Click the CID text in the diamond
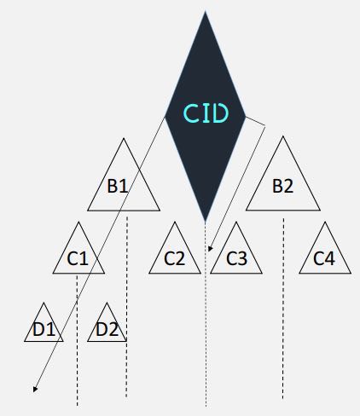[206, 113]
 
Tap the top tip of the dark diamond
[206, 11]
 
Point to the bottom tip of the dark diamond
[206, 222]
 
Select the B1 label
[118, 186]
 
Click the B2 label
[282, 186]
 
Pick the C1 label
[78, 258]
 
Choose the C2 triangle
[175, 248]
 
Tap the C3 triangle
[236, 248]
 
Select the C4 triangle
[325, 248]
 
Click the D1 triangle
[44, 322]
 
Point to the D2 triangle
[107, 322]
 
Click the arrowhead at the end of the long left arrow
[35, 390]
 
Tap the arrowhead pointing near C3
[210, 249]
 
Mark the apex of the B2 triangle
[283, 136]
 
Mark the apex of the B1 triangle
[124, 138]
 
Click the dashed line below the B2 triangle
[283, 309]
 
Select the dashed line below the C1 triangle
[77, 340]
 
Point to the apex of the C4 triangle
[325, 222]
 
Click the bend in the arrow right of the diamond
[265, 127]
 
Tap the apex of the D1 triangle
[44, 303]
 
